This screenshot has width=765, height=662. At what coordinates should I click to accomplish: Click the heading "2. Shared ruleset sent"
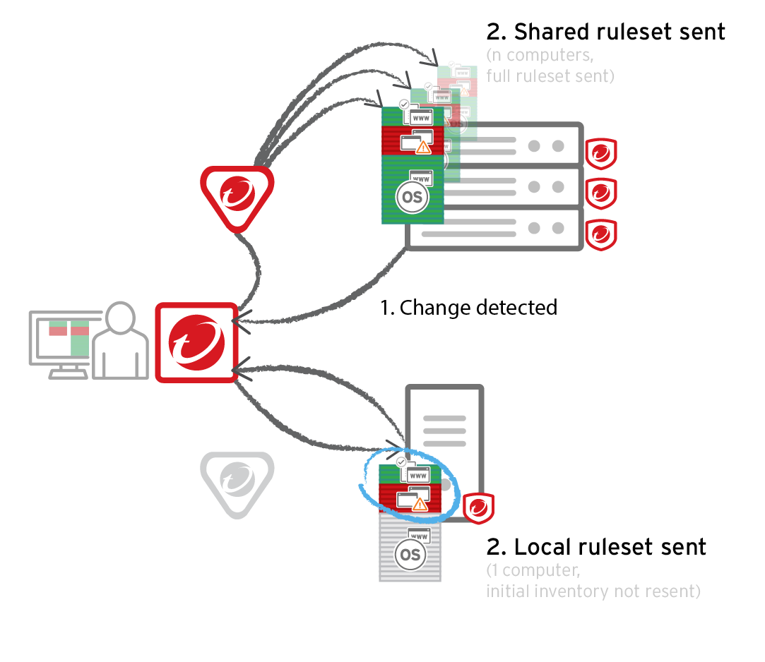pyautogui.click(x=605, y=32)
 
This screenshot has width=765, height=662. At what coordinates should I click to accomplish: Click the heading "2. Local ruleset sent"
pyautogui.click(x=596, y=547)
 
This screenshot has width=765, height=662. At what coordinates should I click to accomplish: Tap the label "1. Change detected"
pyautogui.click(x=468, y=308)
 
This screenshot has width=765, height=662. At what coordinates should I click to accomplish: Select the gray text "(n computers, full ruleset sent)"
pyautogui.click(x=550, y=65)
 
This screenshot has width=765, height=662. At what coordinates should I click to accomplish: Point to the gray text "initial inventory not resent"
pyautogui.click(x=593, y=591)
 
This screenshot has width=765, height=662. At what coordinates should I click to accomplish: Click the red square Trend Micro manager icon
pyautogui.click(x=196, y=343)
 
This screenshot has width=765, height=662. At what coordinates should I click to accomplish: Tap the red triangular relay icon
pyautogui.click(x=237, y=197)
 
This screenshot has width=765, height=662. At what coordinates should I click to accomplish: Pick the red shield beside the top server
pyautogui.click(x=601, y=154)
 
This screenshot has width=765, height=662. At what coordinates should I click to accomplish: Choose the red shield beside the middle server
pyautogui.click(x=601, y=193)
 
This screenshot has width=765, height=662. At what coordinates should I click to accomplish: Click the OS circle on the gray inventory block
pyautogui.click(x=409, y=555)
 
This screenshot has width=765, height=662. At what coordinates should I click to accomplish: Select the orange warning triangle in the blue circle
pyautogui.click(x=420, y=505)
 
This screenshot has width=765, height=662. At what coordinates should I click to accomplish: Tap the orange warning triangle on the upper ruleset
pyautogui.click(x=423, y=147)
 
